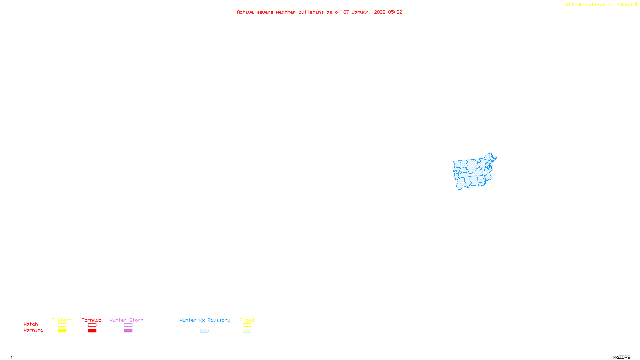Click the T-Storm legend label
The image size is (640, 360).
pos(62,320)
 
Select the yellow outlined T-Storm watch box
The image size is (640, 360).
pos(62,325)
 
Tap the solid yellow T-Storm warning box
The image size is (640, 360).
pos(62,331)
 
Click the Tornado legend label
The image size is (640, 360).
pos(92,320)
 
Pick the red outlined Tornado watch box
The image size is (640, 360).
pos(92,325)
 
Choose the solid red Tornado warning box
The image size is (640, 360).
pos(92,331)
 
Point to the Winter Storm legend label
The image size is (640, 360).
pos(126,320)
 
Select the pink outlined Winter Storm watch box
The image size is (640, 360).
pos(128,325)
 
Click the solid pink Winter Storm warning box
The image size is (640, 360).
pos(128,331)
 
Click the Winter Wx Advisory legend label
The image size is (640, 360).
pos(205,320)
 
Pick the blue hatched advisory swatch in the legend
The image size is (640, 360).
pos(204,331)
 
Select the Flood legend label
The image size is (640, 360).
pos(247,320)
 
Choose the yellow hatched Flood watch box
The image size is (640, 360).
pos(247,325)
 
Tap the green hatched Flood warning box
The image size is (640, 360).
pos(247,331)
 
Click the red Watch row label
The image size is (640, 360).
pos(31,324)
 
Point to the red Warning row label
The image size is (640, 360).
pos(33,330)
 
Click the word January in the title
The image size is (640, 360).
pos(362,12)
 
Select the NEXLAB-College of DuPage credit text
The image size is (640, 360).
pos(600,5)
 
